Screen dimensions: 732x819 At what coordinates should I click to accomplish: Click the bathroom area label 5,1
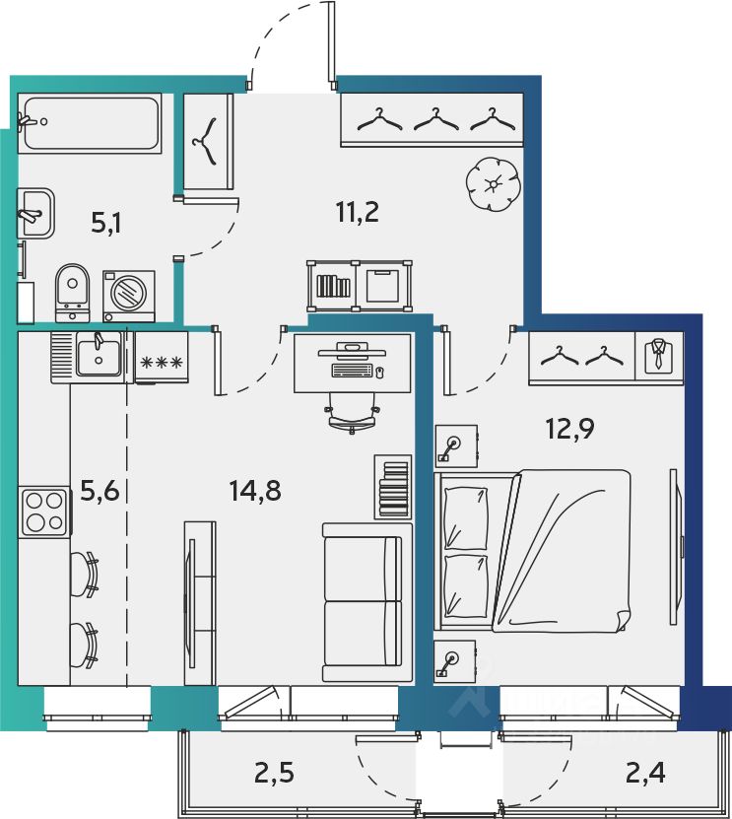pos(106,224)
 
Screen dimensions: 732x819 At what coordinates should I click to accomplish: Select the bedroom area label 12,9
pos(570,430)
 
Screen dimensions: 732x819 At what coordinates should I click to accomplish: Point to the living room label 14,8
pos(255,491)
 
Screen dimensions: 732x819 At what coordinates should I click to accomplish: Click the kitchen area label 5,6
pos(100,492)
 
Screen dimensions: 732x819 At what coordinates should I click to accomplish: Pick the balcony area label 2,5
pos(274,773)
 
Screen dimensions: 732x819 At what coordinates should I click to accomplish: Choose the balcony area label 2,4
pos(645,773)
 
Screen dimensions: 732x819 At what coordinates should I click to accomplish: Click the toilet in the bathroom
pos(73,293)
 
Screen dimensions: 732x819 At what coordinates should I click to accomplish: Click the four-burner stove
pos(44,512)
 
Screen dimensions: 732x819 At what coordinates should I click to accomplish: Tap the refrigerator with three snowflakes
pos(162,358)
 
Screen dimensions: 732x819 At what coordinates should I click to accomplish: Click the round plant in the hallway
pos(494,184)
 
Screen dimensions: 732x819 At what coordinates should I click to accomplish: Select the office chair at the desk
pos(352,412)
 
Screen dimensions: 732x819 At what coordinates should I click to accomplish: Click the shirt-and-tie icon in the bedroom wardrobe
pos(659,355)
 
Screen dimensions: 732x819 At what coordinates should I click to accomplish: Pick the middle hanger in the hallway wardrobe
pos(436,119)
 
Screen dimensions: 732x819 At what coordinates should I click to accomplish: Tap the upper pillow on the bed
pos(465,518)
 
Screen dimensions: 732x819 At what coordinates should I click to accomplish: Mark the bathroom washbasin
pos(35,213)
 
